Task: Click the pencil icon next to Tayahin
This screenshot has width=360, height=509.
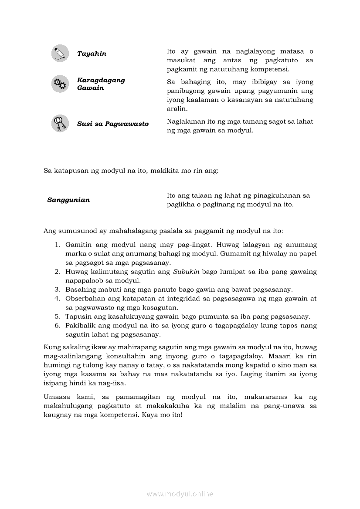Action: (60, 54)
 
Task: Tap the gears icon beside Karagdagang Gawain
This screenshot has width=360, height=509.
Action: (60, 84)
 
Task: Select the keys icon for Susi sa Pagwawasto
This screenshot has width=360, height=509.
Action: (60, 123)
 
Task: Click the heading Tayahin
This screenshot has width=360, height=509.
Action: (92, 54)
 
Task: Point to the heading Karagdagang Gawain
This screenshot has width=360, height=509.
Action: (101, 84)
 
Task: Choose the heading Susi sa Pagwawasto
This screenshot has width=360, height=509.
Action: (112, 124)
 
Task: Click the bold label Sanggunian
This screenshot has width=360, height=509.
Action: (68, 200)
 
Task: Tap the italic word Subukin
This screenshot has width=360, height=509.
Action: (186, 272)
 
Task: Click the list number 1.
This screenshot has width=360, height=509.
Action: (57, 245)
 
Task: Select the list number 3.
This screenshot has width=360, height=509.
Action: (57, 290)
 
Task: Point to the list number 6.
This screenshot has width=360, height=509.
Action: (57, 325)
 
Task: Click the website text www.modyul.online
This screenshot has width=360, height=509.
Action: (180, 494)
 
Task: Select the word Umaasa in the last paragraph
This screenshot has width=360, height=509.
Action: (56, 397)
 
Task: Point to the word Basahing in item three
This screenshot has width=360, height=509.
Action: (79, 290)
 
